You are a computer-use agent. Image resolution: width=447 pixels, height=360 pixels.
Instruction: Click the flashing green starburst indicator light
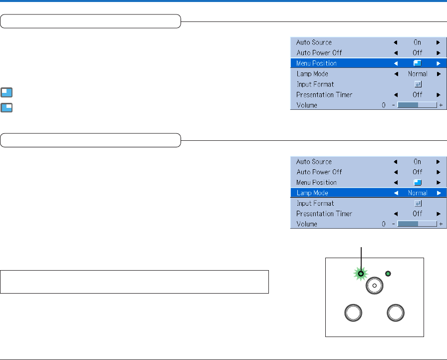[360, 274]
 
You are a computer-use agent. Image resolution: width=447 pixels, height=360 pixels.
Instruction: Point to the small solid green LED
[389, 273]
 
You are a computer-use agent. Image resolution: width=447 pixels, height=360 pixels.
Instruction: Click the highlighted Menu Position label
[316, 63]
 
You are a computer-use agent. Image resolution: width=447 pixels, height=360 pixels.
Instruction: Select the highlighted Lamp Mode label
[312, 193]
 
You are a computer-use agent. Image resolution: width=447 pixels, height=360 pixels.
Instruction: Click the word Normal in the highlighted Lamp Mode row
[417, 193]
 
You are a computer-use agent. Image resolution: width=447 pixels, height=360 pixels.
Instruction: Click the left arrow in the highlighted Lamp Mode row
[395, 193]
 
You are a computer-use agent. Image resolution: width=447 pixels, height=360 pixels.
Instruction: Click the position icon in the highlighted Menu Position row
[417, 63]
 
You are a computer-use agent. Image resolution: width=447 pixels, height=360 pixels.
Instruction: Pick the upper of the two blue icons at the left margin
[7, 92]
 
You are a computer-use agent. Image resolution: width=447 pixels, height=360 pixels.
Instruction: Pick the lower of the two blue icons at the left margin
[7, 107]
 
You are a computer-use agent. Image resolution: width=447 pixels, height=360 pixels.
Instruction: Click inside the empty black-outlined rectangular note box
[135, 282]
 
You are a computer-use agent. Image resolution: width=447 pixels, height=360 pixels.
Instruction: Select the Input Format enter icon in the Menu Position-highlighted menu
[417, 84]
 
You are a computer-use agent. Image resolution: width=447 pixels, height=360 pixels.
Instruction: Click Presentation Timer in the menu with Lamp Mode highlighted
[324, 214]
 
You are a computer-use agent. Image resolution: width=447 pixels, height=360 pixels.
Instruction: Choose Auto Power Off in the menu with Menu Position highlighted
[319, 53]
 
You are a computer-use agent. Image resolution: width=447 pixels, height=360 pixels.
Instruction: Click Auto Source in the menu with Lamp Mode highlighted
[314, 162]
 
